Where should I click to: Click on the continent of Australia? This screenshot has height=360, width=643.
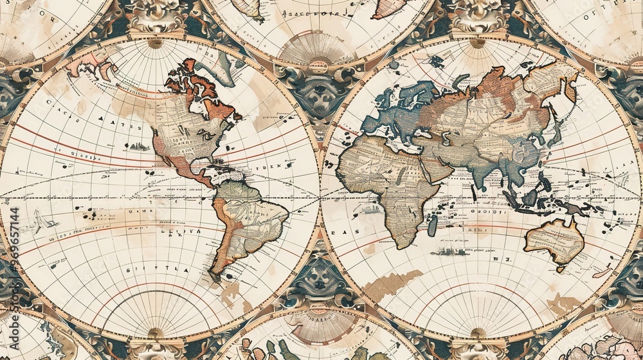click(x=554, y=241)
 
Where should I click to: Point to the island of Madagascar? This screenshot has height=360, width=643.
click(x=433, y=225)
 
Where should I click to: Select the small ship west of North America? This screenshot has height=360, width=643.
click(x=138, y=147)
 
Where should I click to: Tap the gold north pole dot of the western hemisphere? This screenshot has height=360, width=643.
click(x=154, y=44)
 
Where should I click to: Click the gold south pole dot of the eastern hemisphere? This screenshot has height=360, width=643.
click(x=478, y=332)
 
